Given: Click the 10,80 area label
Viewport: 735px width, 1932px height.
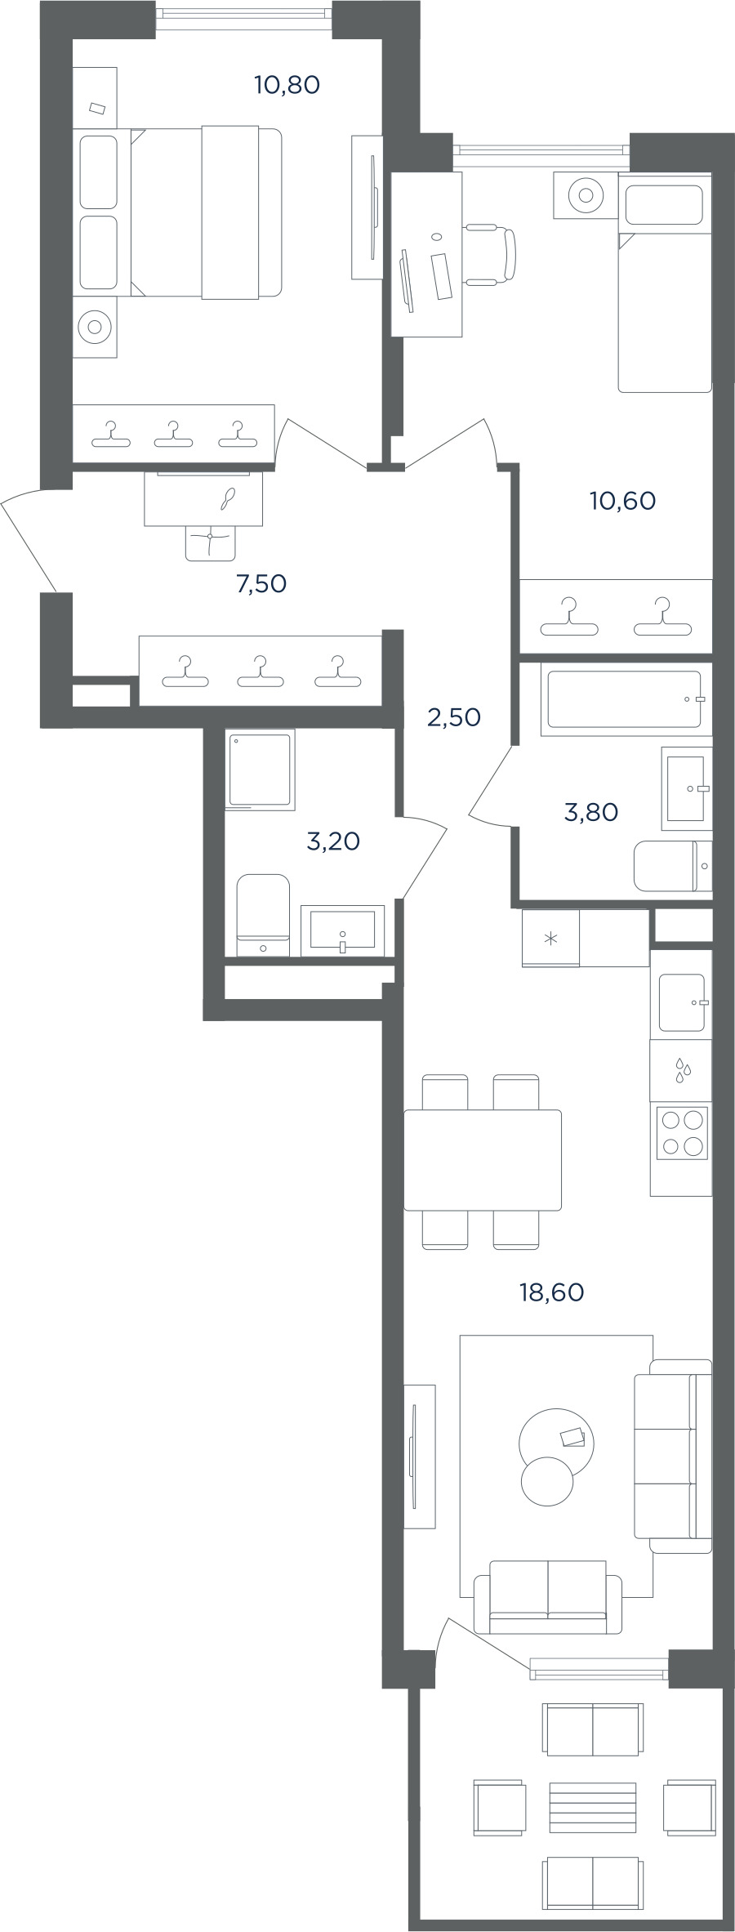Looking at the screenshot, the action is (287, 85).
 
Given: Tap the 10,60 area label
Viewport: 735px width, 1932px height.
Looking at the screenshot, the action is (622, 501).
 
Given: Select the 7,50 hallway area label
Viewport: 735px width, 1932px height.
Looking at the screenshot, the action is (261, 584).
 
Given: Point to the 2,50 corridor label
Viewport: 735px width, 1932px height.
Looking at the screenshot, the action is (454, 717).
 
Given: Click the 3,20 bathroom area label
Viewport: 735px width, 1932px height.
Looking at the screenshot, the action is (333, 841).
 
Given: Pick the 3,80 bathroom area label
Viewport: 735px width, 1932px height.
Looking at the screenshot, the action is (591, 812).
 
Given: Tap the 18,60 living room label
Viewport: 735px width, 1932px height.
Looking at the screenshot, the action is (552, 1292).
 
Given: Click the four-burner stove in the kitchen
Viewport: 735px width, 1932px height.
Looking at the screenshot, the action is (682, 1132).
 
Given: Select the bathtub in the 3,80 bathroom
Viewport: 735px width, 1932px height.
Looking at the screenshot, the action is (624, 699).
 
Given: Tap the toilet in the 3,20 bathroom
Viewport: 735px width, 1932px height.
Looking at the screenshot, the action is (263, 915).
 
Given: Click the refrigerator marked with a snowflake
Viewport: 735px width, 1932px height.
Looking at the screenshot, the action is (551, 939).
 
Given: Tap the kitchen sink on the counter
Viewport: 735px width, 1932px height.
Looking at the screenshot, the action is (682, 1003).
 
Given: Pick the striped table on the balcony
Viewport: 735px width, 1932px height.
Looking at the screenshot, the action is (593, 1807).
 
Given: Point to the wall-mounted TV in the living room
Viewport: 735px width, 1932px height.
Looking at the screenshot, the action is (415, 1456).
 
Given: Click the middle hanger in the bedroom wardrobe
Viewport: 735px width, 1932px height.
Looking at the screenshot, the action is (174, 434).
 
